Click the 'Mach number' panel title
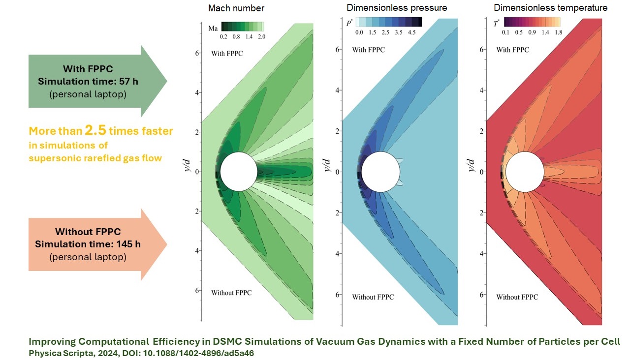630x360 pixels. click(x=236, y=8)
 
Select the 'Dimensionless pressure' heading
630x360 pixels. click(x=397, y=8)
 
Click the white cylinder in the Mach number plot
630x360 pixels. click(x=239, y=171)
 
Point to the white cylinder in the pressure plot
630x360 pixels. click(x=379, y=172)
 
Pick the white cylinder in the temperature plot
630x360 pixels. click(x=524, y=172)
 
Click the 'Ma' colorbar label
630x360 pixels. click(x=213, y=28)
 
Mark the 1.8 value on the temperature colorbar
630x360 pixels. click(x=557, y=32)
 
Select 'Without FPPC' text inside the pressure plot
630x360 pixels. click(x=373, y=297)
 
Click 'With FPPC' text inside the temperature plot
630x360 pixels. click(x=512, y=50)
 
